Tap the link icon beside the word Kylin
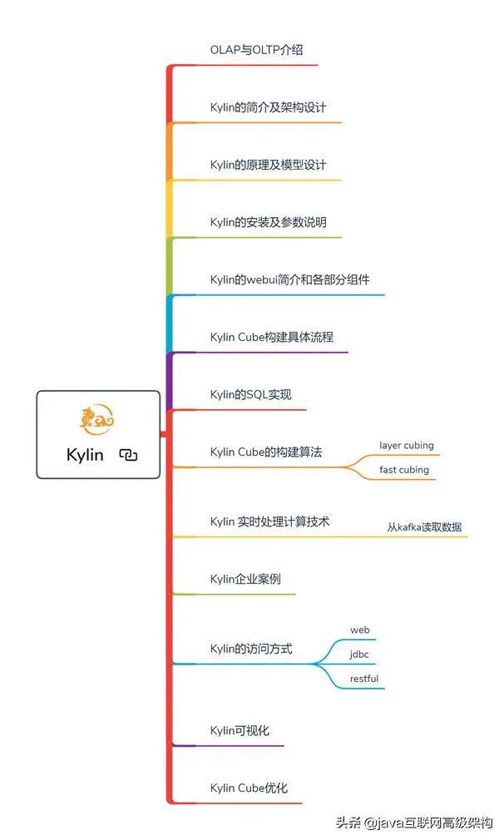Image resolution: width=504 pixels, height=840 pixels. (x=128, y=455)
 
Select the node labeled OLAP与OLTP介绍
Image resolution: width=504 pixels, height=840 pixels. (x=256, y=50)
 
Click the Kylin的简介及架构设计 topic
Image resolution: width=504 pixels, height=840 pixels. (x=269, y=107)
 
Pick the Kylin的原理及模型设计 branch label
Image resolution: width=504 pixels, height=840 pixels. (x=269, y=165)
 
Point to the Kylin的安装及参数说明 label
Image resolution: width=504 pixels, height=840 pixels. (x=269, y=222)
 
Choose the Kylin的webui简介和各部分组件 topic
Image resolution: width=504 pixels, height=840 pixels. (x=289, y=279)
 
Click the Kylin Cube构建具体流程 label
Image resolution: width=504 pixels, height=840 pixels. (x=272, y=337)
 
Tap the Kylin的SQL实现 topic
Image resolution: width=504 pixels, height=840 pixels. (x=251, y=394)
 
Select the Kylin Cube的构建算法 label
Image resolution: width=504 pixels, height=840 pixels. (x=266, y=452)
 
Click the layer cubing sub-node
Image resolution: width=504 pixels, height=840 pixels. (x=407, y=446)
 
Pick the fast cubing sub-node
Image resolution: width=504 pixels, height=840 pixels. (x=404, y=470)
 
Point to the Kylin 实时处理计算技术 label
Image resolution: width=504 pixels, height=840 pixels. (x=270, y=521)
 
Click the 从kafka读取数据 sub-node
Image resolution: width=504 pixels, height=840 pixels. (x=424, y=527)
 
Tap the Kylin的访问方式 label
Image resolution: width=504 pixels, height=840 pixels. (x=251, y=649)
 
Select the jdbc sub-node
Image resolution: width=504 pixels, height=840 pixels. (x=359, y=655)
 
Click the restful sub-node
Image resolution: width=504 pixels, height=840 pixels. (x=364, y=679)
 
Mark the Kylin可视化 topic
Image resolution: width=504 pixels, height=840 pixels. (x=240, y=730)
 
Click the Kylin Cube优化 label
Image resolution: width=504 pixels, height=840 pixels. (x=249, y=788)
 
